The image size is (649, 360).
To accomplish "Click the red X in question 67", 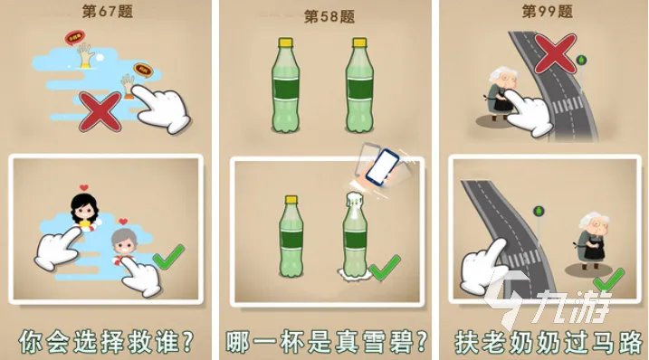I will pos(101,114).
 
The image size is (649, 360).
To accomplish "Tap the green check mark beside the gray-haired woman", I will pos(167,261).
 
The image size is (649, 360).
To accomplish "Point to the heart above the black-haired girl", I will pos(84,189).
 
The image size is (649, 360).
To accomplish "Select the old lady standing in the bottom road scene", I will pos(590,245).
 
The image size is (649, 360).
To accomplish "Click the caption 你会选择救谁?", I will pos(106,341).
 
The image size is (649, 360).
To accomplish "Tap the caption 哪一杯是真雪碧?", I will pos(326,341).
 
